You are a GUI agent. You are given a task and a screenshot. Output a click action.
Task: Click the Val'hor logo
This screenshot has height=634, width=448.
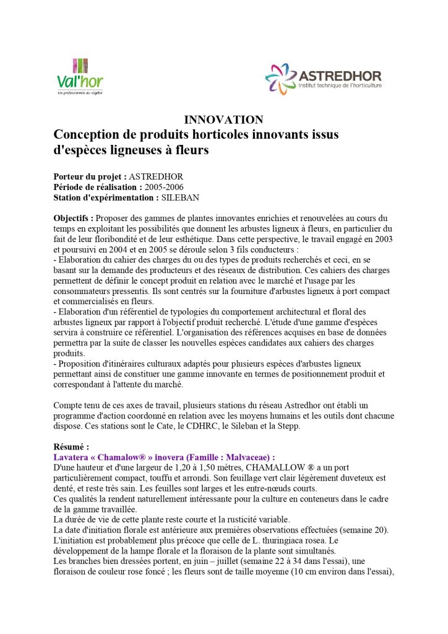pyautogui.click(x=80, y=76)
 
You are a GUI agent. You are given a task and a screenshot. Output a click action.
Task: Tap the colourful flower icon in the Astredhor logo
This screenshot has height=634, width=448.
pyautogui.click(x=281, y=79)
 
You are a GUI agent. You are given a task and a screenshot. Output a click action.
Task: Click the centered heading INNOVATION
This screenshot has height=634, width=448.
pyautogui.click(x=223, y=119)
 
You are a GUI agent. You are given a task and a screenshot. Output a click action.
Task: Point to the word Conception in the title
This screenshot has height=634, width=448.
pyautogui.click(x=86, y=134)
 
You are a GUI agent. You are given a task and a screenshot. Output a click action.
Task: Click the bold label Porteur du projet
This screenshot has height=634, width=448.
pyautogui.click(x=90, y=176)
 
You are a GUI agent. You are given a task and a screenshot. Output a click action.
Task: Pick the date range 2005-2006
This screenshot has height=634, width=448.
pyautogui.click(x=163, y=187)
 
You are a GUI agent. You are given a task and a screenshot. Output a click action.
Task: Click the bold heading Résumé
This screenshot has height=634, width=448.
pyautogui.click(x=71, y=446)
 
